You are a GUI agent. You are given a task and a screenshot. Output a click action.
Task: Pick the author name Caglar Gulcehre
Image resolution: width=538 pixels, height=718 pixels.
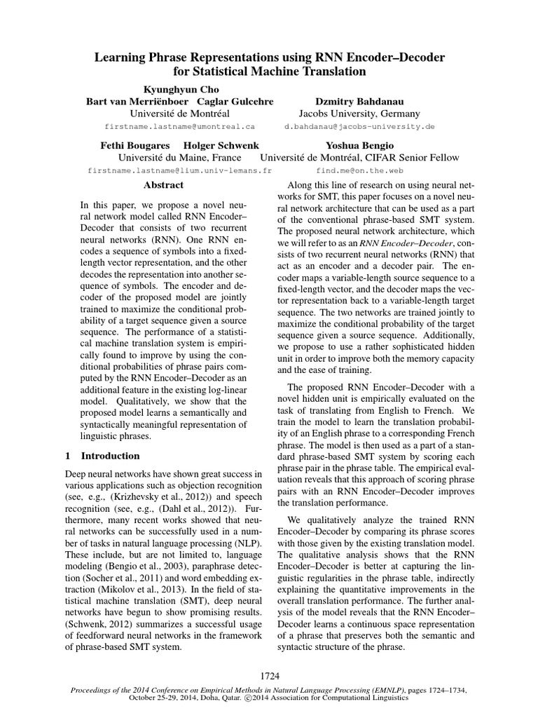click(x=233, y=101)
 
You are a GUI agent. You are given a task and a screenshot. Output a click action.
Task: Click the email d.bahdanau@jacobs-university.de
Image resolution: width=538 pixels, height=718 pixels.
click(x=359, y=127)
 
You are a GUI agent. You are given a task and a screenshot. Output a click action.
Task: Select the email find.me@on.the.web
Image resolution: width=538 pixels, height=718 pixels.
click(x=359, y=170)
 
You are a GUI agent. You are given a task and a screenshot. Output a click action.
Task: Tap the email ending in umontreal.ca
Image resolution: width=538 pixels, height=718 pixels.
click(x=179, y=127)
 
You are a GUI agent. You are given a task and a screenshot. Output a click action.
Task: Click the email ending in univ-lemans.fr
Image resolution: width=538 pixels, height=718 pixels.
click(x=179, y=170)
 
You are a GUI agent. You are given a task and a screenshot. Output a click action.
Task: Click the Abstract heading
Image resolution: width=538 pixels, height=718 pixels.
click(x=163, y=185)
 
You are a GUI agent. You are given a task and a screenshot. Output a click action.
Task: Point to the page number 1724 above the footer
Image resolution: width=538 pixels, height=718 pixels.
click(x=269, y=678)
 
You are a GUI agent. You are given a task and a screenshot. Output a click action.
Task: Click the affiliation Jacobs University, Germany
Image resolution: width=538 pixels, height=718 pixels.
click(x=359, y=114)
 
